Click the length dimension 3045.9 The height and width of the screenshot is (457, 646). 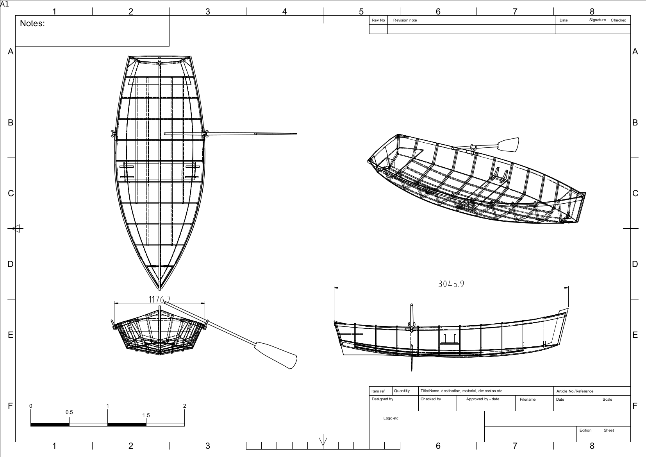(451, 284)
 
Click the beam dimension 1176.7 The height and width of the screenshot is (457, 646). (159, 299)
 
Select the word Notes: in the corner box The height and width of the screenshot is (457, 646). (32, 23)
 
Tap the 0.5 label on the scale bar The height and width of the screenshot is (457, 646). (69, 412)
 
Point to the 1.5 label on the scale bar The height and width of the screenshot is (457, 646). (146, 416)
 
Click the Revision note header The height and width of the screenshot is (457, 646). (405, 20)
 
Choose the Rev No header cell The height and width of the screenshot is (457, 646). (378, 20)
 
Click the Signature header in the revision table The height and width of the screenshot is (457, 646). (597, 20)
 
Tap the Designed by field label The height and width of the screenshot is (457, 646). (382, 399)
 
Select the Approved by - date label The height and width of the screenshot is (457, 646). (482, 399)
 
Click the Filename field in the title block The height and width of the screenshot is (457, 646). (528, 400)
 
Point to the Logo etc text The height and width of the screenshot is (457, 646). (391, 418)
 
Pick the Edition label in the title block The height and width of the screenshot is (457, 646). (585, 430)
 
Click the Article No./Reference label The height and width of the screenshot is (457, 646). (575, 391)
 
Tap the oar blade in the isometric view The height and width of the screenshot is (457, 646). (508, 145)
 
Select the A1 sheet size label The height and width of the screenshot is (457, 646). (4, 4)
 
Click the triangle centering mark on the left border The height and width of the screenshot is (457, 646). (17, 229)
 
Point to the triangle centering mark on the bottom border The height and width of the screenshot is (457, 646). (323, 441)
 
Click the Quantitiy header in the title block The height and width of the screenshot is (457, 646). (402, 391)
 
